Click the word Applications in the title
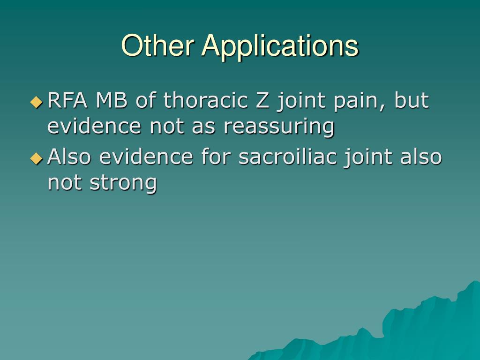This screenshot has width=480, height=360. pyautogui.click(x=280, y=46)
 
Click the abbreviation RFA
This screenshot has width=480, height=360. pyautogui.click(x=68, y=100)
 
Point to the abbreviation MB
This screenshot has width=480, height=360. pyautogui.click(x=112, y=100)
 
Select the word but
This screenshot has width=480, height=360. pyautogui.click(x=412, y=100)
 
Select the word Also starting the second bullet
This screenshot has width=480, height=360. pyautogui.click(x=70, y=157)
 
